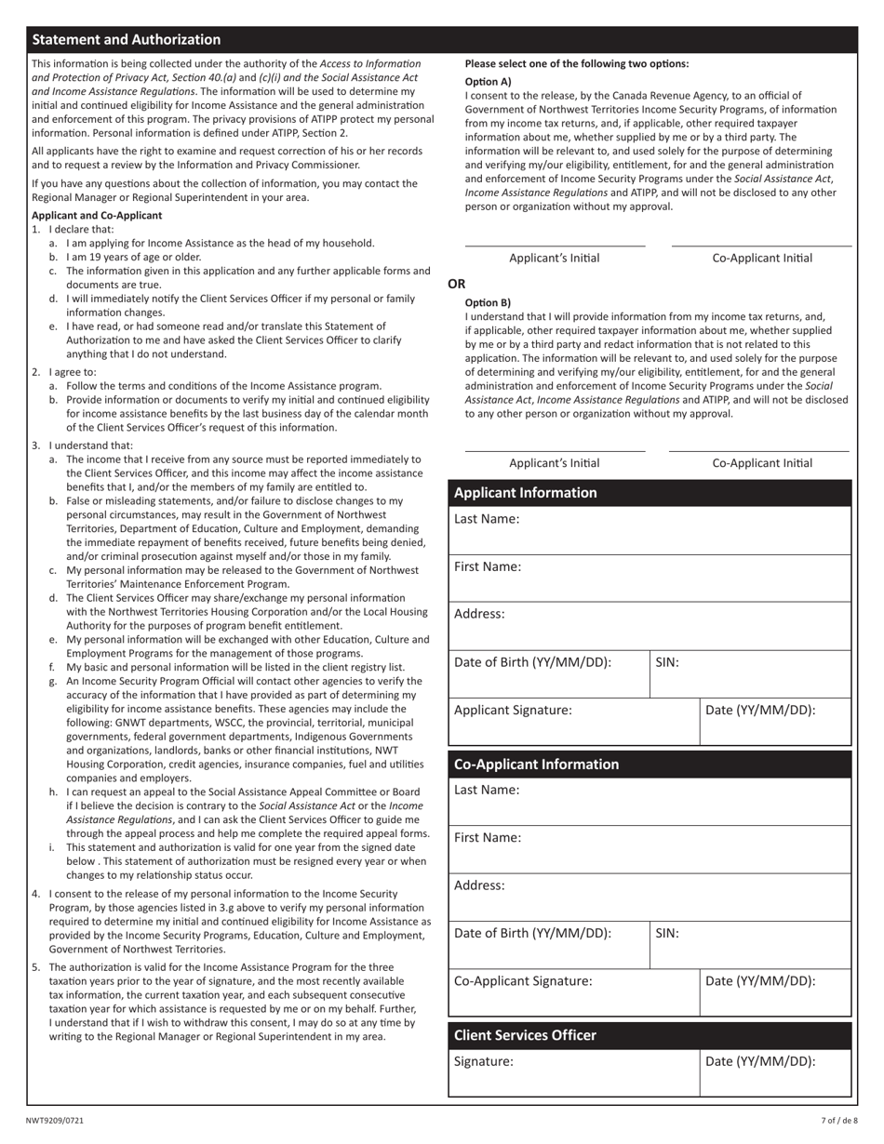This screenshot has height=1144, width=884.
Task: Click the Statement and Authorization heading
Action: tap(127, 39)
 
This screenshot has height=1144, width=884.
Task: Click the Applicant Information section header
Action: tap(525, 493)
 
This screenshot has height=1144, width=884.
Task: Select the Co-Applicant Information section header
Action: tap(536, 765)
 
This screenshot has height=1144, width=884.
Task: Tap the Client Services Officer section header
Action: tap(525, 1035)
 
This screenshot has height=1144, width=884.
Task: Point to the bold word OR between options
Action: tap(457, 284)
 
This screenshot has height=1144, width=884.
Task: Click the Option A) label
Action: tap(488, 81)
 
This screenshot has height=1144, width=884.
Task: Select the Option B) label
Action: tap(488, 302)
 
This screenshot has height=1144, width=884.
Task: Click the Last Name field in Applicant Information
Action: tap(650, 530)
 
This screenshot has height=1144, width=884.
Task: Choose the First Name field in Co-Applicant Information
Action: tap(650, 849)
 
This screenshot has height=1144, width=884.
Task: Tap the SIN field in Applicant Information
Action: tap(750, 674)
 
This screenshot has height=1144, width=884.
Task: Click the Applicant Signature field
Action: tap(573, 722)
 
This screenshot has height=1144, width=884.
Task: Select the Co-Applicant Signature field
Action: tap(573, 992)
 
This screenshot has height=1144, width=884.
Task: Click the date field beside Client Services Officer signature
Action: tap(775, 1073)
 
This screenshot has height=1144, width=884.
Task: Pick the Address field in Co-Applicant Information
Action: tap(650, 897)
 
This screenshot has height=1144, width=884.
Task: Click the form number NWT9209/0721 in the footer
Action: tap(54, 1121)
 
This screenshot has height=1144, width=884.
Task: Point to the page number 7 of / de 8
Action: tap(839, 1121)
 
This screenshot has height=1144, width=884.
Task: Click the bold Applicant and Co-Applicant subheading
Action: tap(97, 215)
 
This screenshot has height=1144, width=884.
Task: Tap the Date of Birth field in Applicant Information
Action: tap(549, 674)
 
